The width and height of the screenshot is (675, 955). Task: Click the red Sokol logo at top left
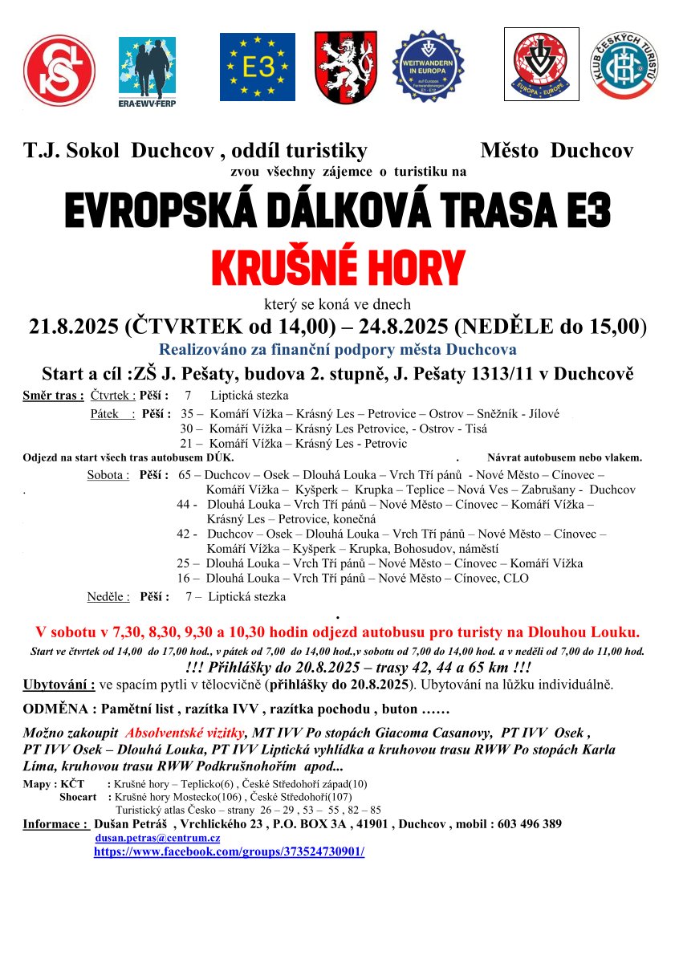59,71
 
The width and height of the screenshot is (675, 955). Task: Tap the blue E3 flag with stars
258,67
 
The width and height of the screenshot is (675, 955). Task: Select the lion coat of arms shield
344,67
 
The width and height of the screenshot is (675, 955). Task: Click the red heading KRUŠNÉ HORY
337,267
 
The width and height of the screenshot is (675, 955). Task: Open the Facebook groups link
229,851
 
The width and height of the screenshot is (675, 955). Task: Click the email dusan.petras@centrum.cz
157,837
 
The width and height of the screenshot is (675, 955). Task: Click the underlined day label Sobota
108,475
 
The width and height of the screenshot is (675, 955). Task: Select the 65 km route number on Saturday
185,475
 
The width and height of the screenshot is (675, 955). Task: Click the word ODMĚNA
55,709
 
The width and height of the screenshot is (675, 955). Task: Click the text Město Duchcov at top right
557,150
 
